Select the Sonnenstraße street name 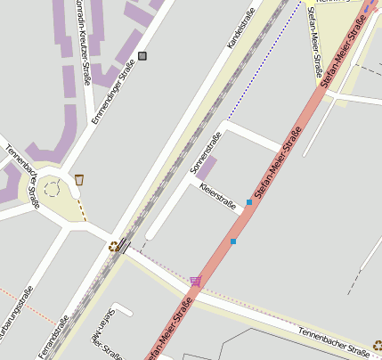pos(206,150)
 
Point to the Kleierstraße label pos(218,197)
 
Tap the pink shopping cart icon pos(195,281)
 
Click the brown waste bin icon pos(79,180)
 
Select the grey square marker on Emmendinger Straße pos(142,56)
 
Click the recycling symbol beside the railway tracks pos(113,246)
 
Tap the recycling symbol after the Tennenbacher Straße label pos(377,344)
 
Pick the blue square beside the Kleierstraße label pos(249,202)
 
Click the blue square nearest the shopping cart pos(233,241)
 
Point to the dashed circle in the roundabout pos(52,188)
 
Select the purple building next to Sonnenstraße pos(206,168)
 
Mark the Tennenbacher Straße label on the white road pos(334,340)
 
